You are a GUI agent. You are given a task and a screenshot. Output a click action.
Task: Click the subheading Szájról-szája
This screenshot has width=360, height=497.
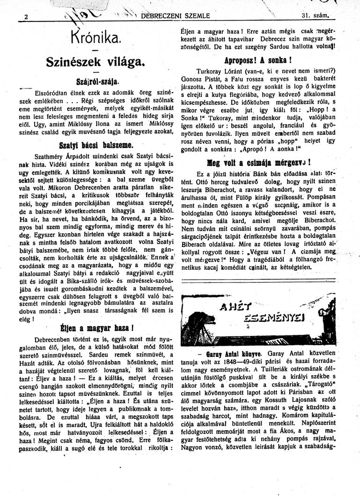(x=97, y=80)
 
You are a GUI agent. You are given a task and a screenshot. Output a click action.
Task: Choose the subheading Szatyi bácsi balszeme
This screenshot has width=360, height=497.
(x=97, y=144)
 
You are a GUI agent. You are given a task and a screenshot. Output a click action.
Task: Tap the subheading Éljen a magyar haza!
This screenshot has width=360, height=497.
(x=97, y=327)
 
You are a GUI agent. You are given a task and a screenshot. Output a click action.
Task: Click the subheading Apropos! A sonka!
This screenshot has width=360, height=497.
(x=258, y=60)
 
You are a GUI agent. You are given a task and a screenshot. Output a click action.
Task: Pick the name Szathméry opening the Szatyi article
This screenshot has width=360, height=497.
(x=52, y=156)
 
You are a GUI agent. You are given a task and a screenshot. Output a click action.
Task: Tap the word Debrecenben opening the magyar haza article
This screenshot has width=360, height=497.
(x=52, y=339)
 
